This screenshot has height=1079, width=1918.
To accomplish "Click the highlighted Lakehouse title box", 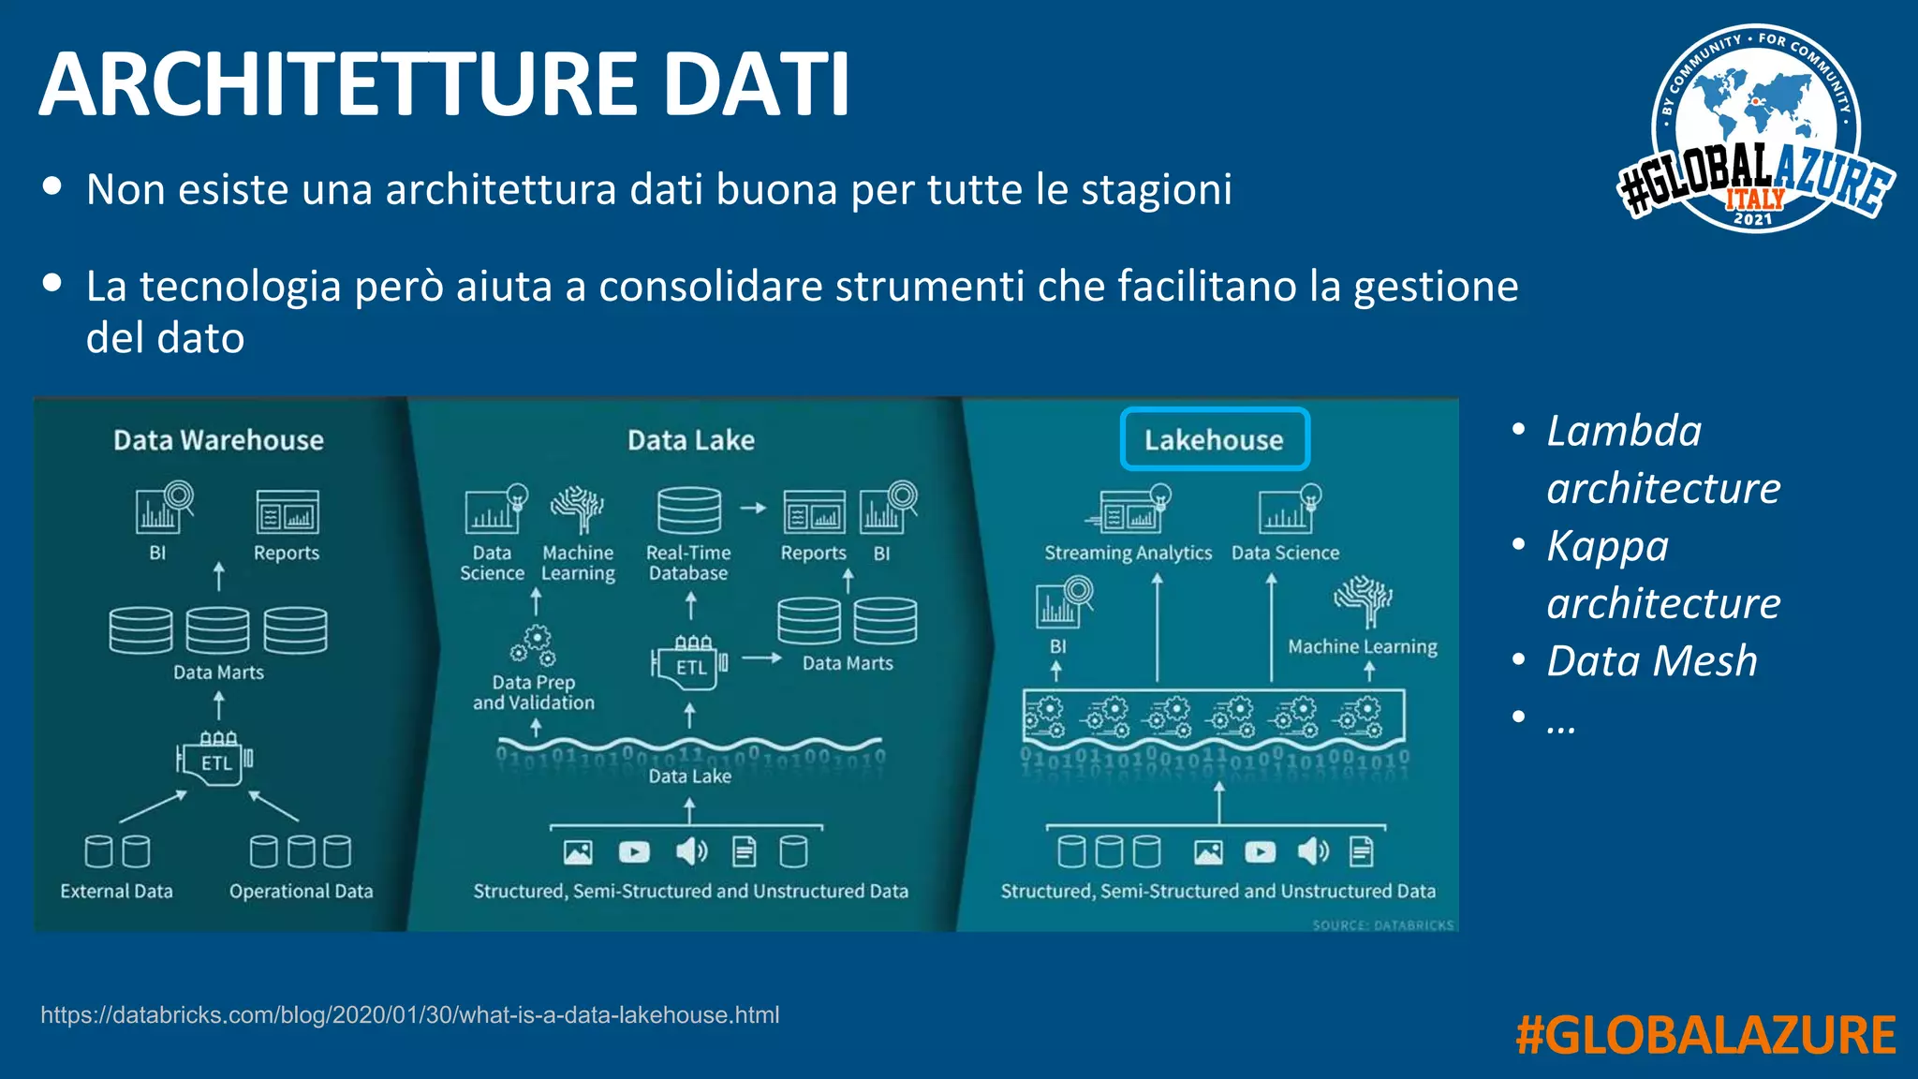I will pyautogui.click(x=1214, y=439).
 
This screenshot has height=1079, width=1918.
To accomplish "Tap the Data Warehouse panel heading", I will pyautogui.click(x=218, y=440).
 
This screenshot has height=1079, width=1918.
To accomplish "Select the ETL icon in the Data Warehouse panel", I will pyautogui.click(x=215, y=759).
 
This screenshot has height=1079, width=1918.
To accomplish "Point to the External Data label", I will pyautogui.click(x=116, y=891).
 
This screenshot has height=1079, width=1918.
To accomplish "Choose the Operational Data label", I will pyautogui.click(x=301, y=891).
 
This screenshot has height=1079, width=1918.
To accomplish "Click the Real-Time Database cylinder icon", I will pyautogui.click(x=689, y=510).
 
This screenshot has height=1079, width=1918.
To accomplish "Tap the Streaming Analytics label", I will pyautogui.click(x=1128, y=553).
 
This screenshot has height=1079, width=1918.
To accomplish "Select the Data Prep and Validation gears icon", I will pyautogui.click(x=535, y=645).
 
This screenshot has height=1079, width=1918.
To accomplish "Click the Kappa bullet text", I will pyautogui.click(x=1607, y=546).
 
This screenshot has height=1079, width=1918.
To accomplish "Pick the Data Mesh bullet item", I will pyautogui.click(x=1652, y=660).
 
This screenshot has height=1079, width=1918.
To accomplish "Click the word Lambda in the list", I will pyautogui.click(x=1624, y=431).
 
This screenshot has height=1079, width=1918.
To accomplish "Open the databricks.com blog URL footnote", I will pyautogui.click(x=409, y=1015).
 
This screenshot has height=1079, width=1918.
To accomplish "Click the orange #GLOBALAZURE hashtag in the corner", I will pyautogui.click(x=1704, y=1036).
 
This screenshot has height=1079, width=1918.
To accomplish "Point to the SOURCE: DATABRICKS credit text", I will pyautogui.click(x=1382, y=925).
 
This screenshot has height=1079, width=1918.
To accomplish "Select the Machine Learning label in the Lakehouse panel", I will pyautogui.click(x=1362, y=646).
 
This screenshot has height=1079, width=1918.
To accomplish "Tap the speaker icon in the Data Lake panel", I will pyautogui.click(x=691, y=850).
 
